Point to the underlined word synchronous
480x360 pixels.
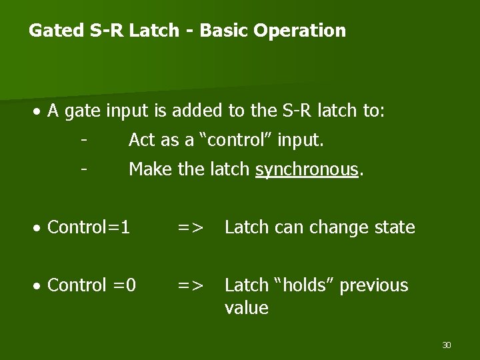[x=307, y=170]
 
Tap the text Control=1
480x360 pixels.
[x=89, y=227]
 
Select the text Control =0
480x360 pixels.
[x=92, y=285]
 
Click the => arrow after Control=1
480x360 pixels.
[x=190, y=228]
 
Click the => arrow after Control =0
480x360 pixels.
[x=190, y=286]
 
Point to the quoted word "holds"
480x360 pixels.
[x=303, y=285]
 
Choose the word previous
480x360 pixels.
[x=373, y=285]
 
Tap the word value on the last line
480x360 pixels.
[x=246, y=308]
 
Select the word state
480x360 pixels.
[x=393, y=227]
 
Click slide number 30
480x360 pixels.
[x=446, y=345]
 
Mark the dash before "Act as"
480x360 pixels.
[x=83, y=140]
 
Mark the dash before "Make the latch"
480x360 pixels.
[x=83, y=169]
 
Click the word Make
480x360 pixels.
[x=150, y=169]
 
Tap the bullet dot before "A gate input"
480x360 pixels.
[x=40, y=111]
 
